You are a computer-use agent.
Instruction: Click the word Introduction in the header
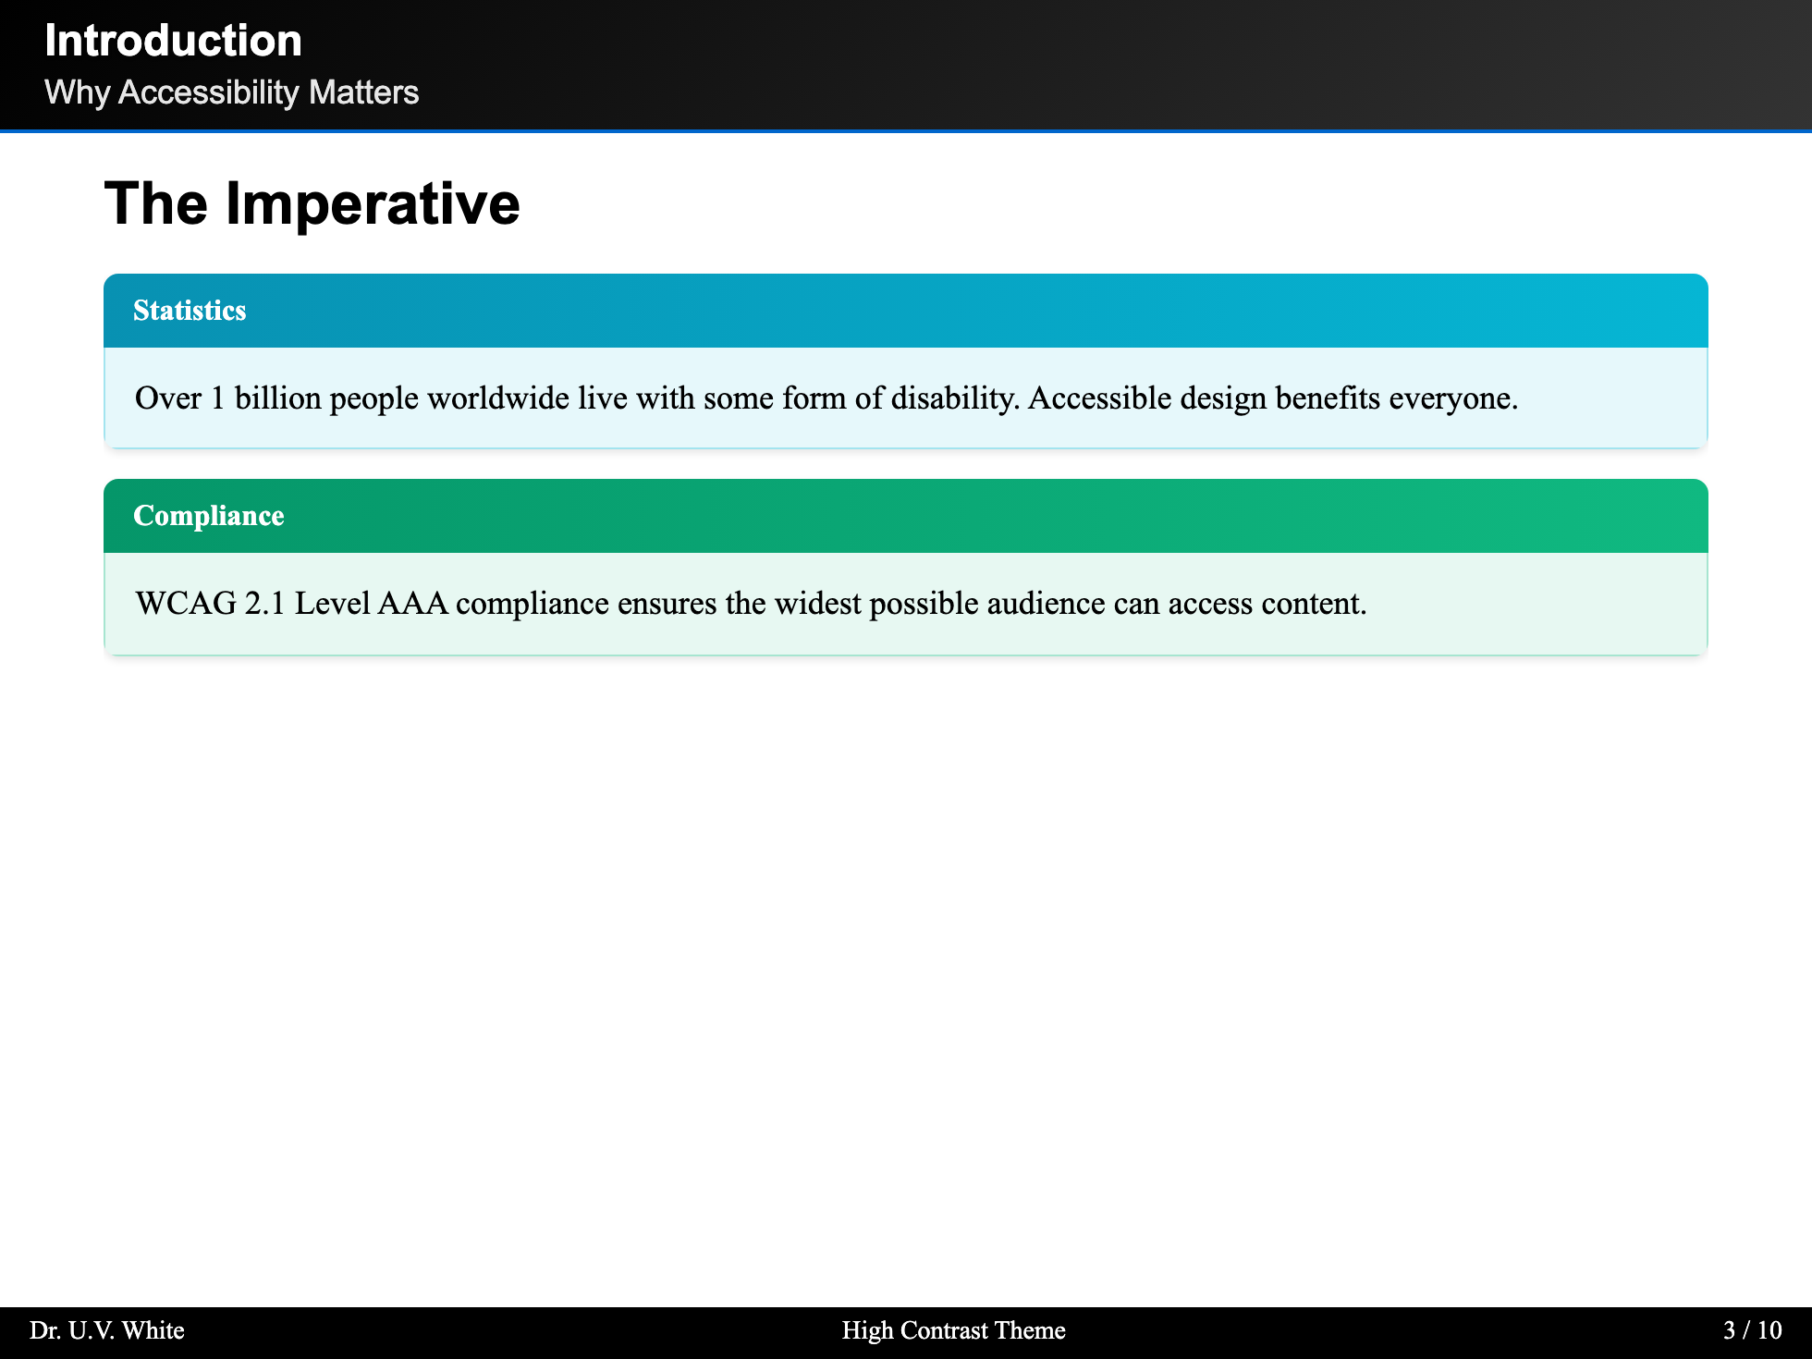tap(173, 41)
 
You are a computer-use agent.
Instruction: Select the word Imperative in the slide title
tap(373, 203)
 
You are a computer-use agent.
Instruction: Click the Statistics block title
tap(190, 311)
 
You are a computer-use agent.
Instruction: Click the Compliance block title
tap(209, 516)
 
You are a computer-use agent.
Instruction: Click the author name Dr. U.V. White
tap(107, 1330)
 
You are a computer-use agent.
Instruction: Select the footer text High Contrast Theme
tap(953, 1330)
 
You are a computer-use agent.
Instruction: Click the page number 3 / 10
tap(1753, 1330)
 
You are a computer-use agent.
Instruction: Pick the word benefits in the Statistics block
tap(1328, 398)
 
